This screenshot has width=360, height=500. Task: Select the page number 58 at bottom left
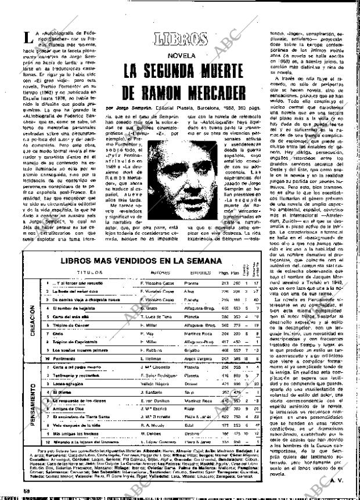click(8, 491)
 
